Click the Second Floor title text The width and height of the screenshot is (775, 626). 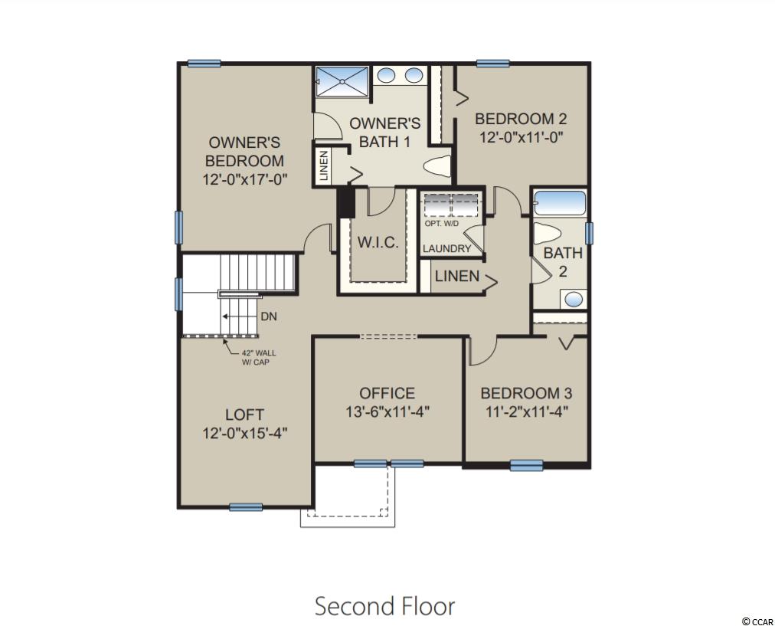(x=385, y=606)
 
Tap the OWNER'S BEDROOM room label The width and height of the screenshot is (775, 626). (x=244, y=152)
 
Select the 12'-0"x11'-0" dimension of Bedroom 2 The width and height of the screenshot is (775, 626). (x=521, y=137)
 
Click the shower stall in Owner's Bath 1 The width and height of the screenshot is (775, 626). (x=342, y=81)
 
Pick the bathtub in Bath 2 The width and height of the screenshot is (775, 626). (x=560, y=203)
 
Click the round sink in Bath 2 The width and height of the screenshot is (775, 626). (x=574, y=299)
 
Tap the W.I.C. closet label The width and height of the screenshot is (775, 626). (x=378, y=243)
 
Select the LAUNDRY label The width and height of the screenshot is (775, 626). (x=446, y=249)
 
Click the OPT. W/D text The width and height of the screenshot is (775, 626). (x=442, y=224)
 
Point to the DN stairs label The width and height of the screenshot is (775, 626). (x=268, y=316)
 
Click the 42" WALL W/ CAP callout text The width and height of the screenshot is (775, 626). (x=259, y=358)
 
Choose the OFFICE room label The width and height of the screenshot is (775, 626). (x=387, y=393)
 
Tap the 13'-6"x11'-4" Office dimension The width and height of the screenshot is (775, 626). (x=387, y=412)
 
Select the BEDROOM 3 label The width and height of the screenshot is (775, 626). (x=526, y=393)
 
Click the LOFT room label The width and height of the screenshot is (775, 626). (x=244, y=415)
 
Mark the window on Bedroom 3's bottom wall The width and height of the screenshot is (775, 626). (x=526, y=465)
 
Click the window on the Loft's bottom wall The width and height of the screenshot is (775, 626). (x=246, y=506)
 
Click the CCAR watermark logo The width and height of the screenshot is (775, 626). (x=757, y=621)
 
